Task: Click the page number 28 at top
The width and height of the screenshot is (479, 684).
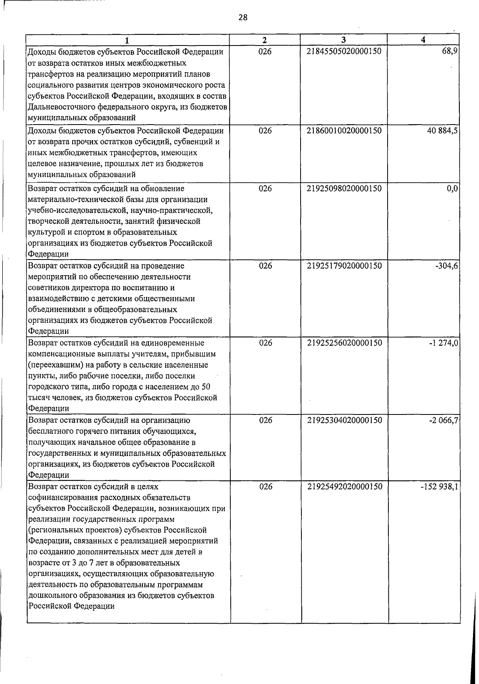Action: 243,17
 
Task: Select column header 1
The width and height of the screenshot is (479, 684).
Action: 127,40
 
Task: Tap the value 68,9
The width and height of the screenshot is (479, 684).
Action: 450,52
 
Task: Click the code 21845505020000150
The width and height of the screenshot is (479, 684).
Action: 344,52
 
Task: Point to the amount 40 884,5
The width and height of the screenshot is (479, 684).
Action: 442,131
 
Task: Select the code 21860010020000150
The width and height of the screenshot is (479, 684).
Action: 344,131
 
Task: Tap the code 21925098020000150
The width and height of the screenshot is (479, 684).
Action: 344,188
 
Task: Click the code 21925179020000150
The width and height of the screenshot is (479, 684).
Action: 344,266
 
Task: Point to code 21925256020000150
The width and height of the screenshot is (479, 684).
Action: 344,343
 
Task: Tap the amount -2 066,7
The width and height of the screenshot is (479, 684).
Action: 443,420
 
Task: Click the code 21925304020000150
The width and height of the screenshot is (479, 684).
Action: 344,420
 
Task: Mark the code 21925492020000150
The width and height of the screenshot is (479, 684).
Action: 344,486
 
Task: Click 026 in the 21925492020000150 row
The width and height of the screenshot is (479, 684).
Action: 265,486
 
